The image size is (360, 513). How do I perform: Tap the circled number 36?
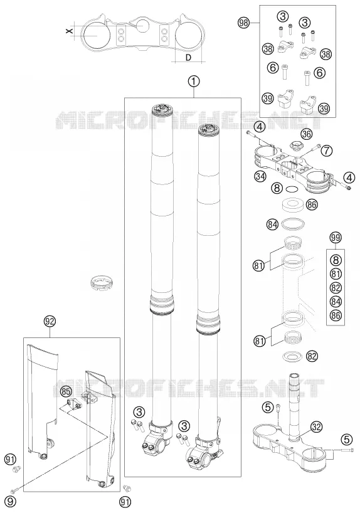point(306,134)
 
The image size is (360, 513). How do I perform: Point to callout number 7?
point(326,150)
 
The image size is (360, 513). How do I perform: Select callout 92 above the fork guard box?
point(50,322)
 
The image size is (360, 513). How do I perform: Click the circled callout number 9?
point(11,500)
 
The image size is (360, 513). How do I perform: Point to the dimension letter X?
point(68,31)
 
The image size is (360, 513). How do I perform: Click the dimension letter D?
point(188,58)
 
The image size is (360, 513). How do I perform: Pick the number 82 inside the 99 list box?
point(336,288)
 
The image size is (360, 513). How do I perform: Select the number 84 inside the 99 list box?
point(336,301)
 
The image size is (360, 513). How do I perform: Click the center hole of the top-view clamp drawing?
point(143,26)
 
